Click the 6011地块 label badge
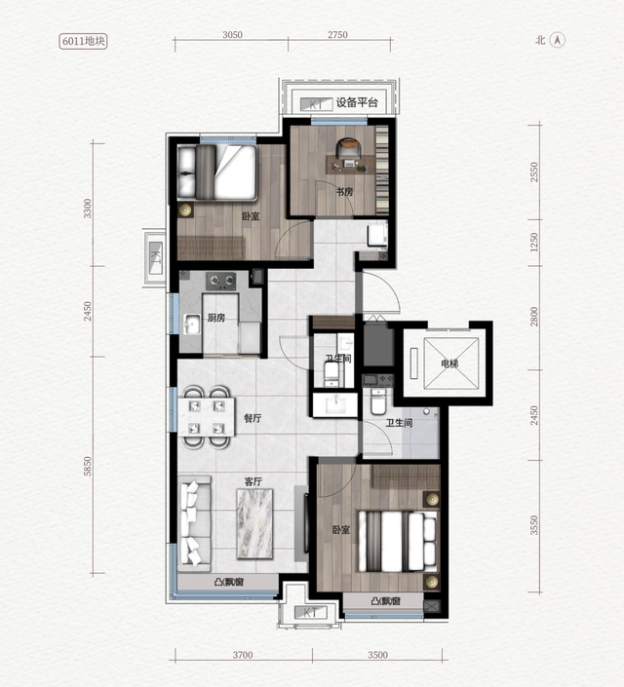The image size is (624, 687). [83, 41]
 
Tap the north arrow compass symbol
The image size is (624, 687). [558, 40]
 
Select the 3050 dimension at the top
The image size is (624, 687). [232, 35]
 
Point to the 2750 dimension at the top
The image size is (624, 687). [337, 35]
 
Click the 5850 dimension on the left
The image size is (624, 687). [88, 466]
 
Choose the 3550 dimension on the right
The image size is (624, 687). [533, 525]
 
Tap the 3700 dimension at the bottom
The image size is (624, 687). [243, 655]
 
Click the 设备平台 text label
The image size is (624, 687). [357, 103]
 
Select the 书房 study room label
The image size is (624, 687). [344, 191]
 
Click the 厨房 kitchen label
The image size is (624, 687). [216, 318]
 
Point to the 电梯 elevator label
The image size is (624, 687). [449, 363]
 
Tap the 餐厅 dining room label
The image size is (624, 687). [253, 418]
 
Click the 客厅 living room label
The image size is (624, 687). [253, 481]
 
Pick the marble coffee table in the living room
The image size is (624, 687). [254, 524]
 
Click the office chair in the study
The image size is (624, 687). [348, 147]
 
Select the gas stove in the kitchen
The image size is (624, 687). [221, 281]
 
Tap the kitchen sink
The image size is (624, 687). [192, 324]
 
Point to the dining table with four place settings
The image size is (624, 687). [206, 417]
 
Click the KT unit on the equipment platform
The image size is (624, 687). [316, 104]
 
